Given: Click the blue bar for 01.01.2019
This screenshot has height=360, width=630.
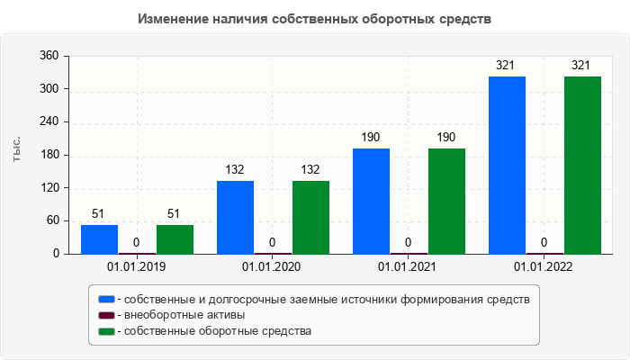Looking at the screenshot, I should point(99,239).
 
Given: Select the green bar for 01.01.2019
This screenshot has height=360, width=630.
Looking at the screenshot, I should point(175,239).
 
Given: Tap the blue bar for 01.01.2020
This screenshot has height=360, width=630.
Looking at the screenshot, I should point(235,217).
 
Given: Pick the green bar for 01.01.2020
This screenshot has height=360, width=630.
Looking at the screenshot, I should point(310,217).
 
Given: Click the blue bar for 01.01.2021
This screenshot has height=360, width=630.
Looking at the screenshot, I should point(371,201).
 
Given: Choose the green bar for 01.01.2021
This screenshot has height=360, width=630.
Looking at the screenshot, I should point(446,201).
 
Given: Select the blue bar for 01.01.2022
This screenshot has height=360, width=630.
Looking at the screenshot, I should point(507,165).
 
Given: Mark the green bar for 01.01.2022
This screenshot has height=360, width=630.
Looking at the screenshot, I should point(582,165).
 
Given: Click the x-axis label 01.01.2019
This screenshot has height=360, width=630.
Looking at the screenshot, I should point(137,267).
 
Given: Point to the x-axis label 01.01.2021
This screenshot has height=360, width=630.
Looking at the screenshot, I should point(408,267).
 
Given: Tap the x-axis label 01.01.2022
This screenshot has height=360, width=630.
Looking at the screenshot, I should point(544,267).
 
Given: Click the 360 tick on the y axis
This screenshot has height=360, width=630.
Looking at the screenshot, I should point(49,56).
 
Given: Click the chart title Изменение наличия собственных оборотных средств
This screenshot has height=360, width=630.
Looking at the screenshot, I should point(315,19).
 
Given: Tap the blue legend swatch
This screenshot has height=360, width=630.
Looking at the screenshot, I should point(106,299).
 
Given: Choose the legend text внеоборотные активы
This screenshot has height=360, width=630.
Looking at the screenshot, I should point(184,315).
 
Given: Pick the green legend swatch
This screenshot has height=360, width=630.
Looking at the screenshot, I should point(106,331).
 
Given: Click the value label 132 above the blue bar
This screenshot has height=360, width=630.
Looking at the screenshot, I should point(235,169).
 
